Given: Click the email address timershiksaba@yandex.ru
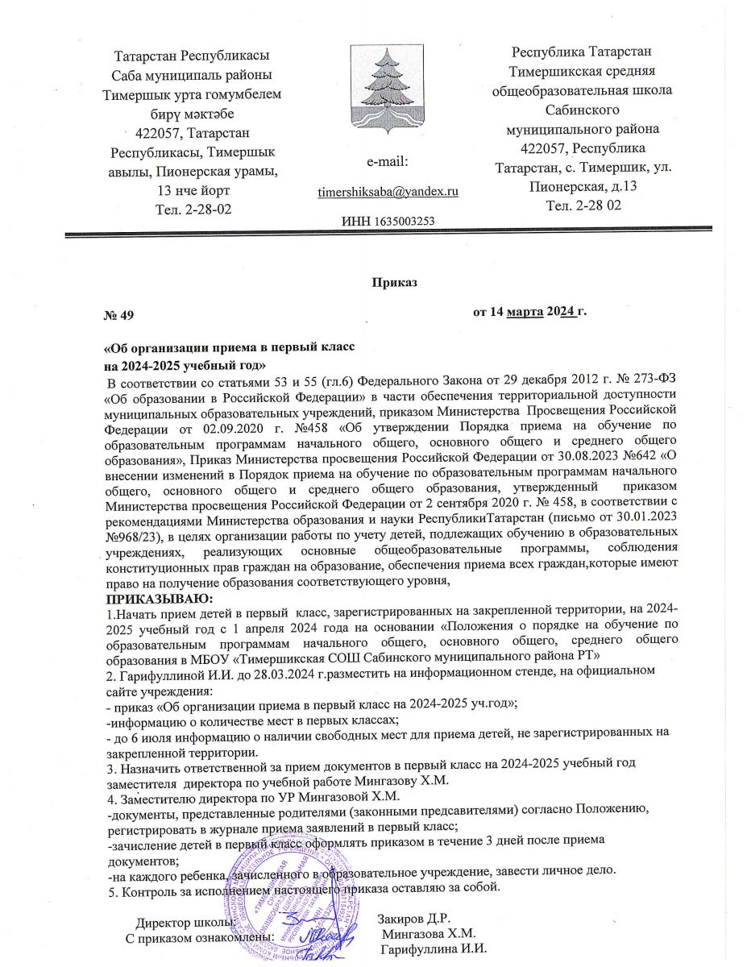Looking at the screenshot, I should pyautogui.click(x=388, y=192).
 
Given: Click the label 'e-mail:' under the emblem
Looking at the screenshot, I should pyautogui.click(x=388, y=162).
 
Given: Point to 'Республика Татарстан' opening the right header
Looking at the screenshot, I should pyautogui.click(x=582, y=53).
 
